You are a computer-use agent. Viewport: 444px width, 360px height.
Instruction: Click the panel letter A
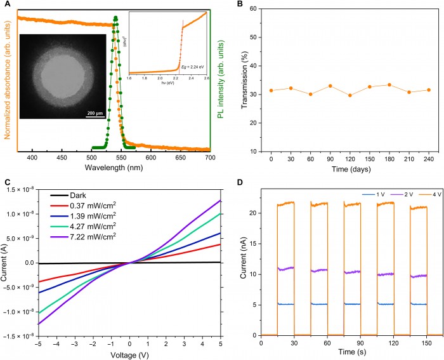click(x=6, y=4)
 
